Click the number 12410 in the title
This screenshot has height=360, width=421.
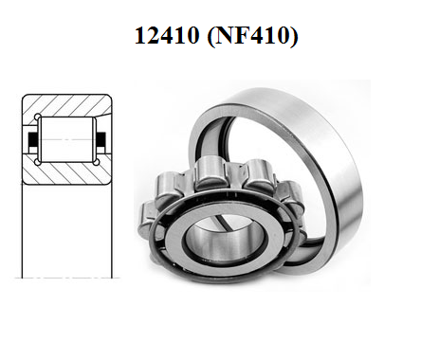coord(167,35)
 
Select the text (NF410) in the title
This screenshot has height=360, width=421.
coord(252,36)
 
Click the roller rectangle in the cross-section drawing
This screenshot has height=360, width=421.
coord(67,139)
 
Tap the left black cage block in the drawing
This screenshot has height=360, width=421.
coord(33,139)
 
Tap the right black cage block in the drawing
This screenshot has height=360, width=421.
coord(101,139)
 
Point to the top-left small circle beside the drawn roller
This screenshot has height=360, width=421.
coord(37,117)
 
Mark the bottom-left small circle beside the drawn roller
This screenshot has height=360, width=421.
coord(37,162)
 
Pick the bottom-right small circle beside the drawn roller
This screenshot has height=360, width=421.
coord(97,162)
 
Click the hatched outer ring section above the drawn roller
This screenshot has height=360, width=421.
coord(67,105)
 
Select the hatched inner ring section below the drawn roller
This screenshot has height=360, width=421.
coord(67,173)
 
